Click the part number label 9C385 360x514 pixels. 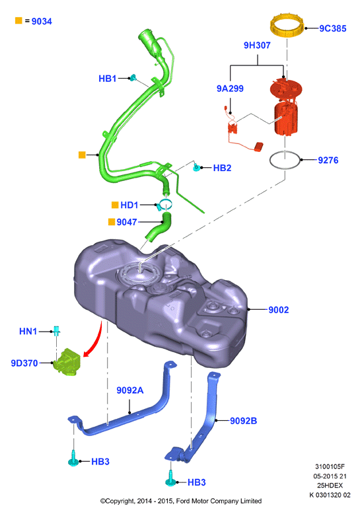(333, 28)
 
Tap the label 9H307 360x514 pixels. (257, 45)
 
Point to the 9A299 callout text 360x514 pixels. (230, 89)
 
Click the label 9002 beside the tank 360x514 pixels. (279, 310)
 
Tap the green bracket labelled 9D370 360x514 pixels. (67, 362)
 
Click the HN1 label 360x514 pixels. (28, 332)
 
